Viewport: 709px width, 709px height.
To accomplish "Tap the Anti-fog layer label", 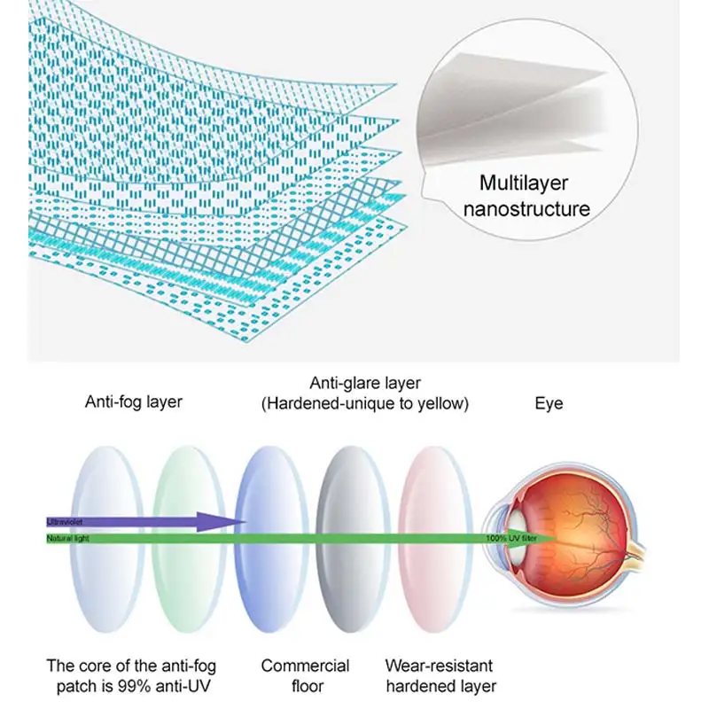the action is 133,401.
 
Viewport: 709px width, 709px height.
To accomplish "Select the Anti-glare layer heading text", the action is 364,383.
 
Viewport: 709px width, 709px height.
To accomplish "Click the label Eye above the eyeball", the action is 549,403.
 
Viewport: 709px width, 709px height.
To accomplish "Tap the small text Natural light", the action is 66,537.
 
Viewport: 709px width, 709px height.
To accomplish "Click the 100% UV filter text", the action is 508,537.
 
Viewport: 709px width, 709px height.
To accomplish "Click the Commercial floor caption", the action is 305,675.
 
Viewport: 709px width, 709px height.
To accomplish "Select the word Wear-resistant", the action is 439,666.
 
